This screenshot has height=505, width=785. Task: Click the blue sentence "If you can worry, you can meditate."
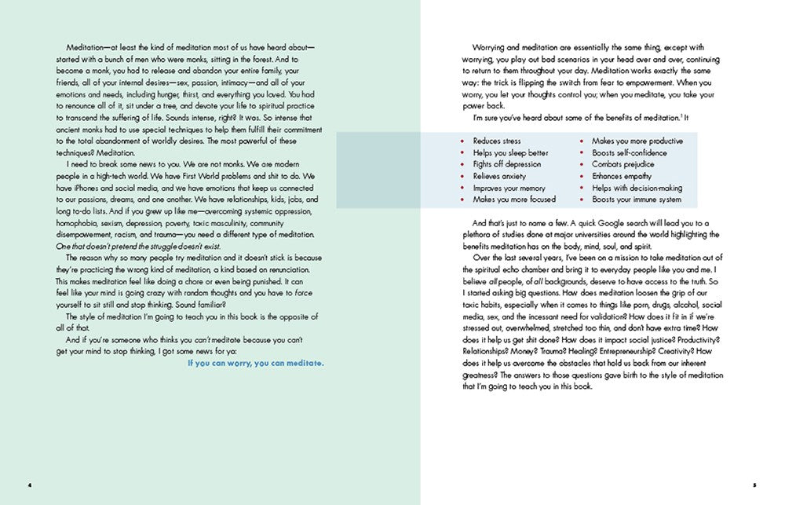[x=256, y=364]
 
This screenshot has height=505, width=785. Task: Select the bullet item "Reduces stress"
[x=497, y=141]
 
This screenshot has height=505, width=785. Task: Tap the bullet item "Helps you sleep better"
[x=510, y=153]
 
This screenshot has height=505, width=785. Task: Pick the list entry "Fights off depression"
[x=506, y=165]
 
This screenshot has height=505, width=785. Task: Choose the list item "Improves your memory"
[x=509, y=188]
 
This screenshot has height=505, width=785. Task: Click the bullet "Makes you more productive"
[x=637, y=141]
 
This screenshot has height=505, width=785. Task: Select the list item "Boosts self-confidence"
[x=630, y=153]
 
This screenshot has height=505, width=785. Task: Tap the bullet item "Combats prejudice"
[x=623, y=165]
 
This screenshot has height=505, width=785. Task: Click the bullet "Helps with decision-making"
[x=637, y=188]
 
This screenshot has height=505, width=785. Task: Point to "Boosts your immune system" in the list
[x=637, y=200]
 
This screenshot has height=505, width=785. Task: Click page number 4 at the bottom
[x=29, y=485]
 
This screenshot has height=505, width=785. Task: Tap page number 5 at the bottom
[x=755, y=485]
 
